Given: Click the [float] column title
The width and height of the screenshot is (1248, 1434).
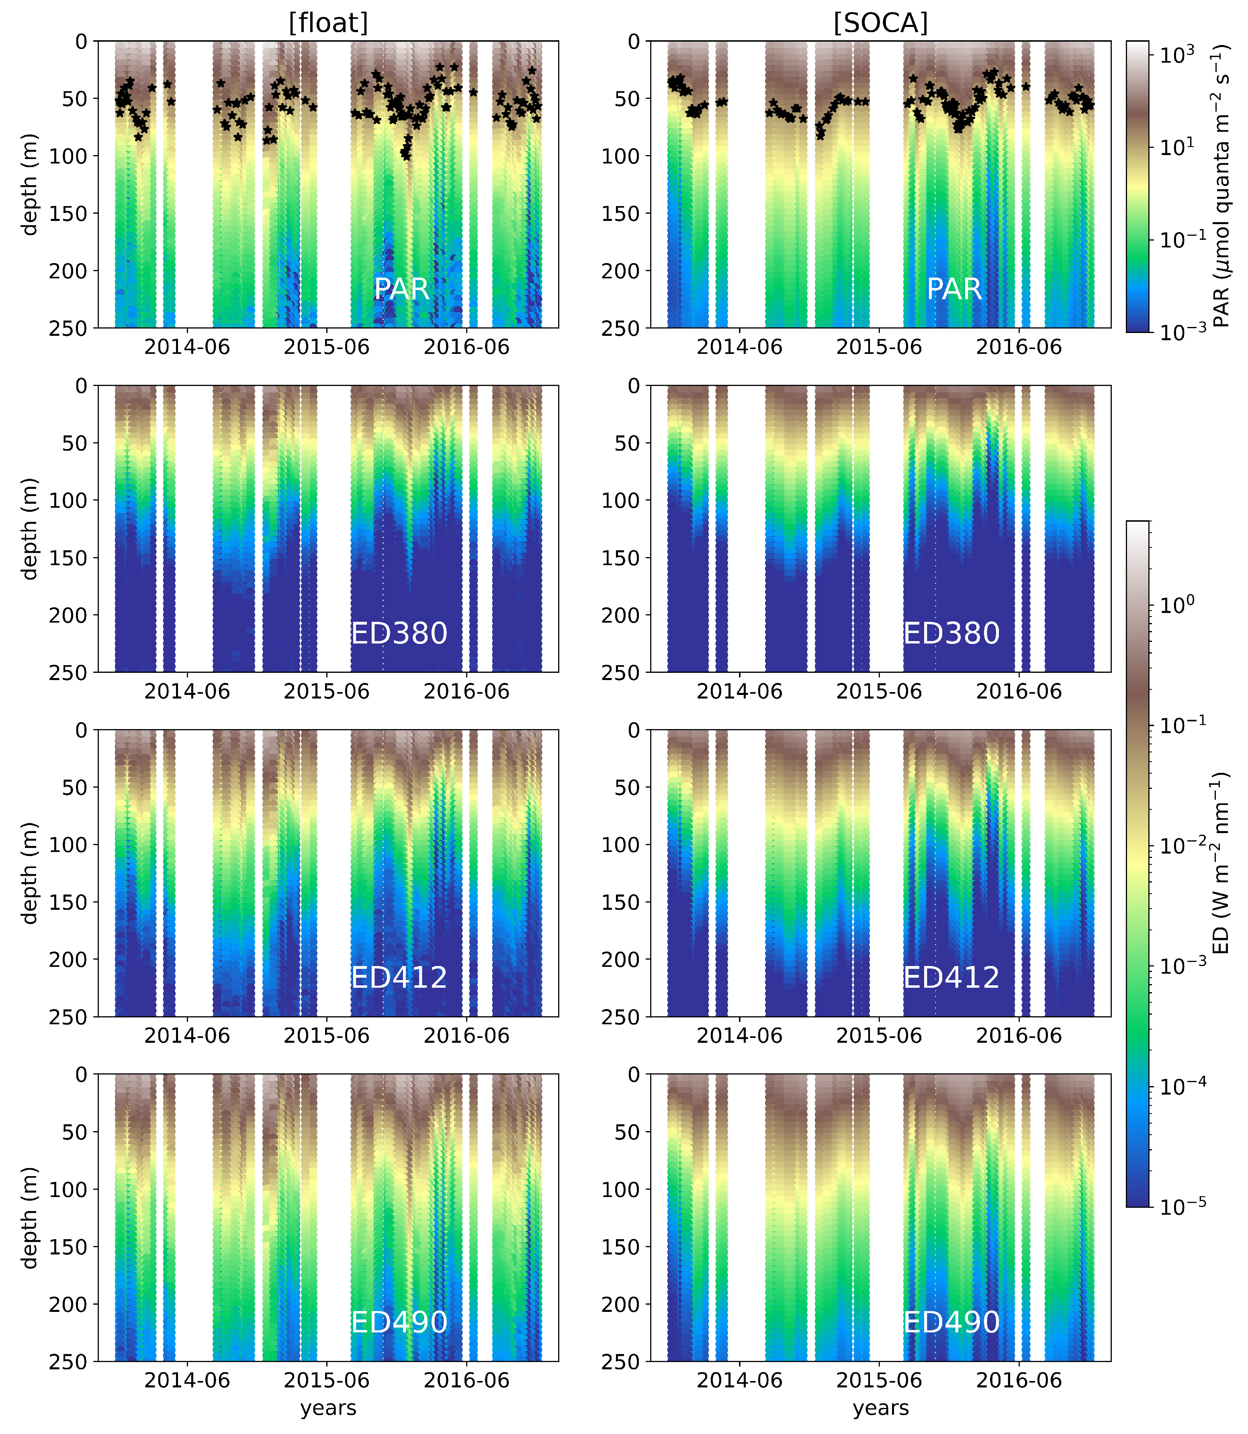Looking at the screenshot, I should click(x=328, y=23).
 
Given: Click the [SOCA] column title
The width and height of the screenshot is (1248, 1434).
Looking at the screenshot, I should click(x=880, y=23).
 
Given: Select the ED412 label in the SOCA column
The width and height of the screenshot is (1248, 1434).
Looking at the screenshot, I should click(x=951, y=977).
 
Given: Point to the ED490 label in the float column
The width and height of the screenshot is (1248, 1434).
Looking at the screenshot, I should click(x=399, y=1322).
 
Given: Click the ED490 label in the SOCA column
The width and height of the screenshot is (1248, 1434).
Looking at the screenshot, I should click(x=951, y=1322).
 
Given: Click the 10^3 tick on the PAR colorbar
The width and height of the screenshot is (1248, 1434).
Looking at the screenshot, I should click(x=1177, y=53).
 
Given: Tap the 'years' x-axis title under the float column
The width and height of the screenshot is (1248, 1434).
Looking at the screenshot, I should click(x=328, y=1407).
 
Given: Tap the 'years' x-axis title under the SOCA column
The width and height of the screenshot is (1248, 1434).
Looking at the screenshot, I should click(x=880, y=1407).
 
